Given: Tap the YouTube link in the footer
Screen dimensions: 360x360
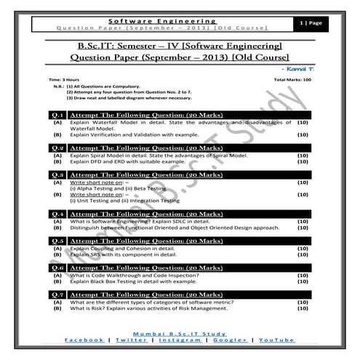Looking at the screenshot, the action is coord(277,340).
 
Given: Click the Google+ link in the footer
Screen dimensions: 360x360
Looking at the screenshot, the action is coord(228,340).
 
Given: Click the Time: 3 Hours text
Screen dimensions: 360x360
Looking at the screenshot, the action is coord(63,78).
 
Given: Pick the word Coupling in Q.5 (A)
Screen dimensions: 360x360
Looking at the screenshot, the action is coord(103,247).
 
